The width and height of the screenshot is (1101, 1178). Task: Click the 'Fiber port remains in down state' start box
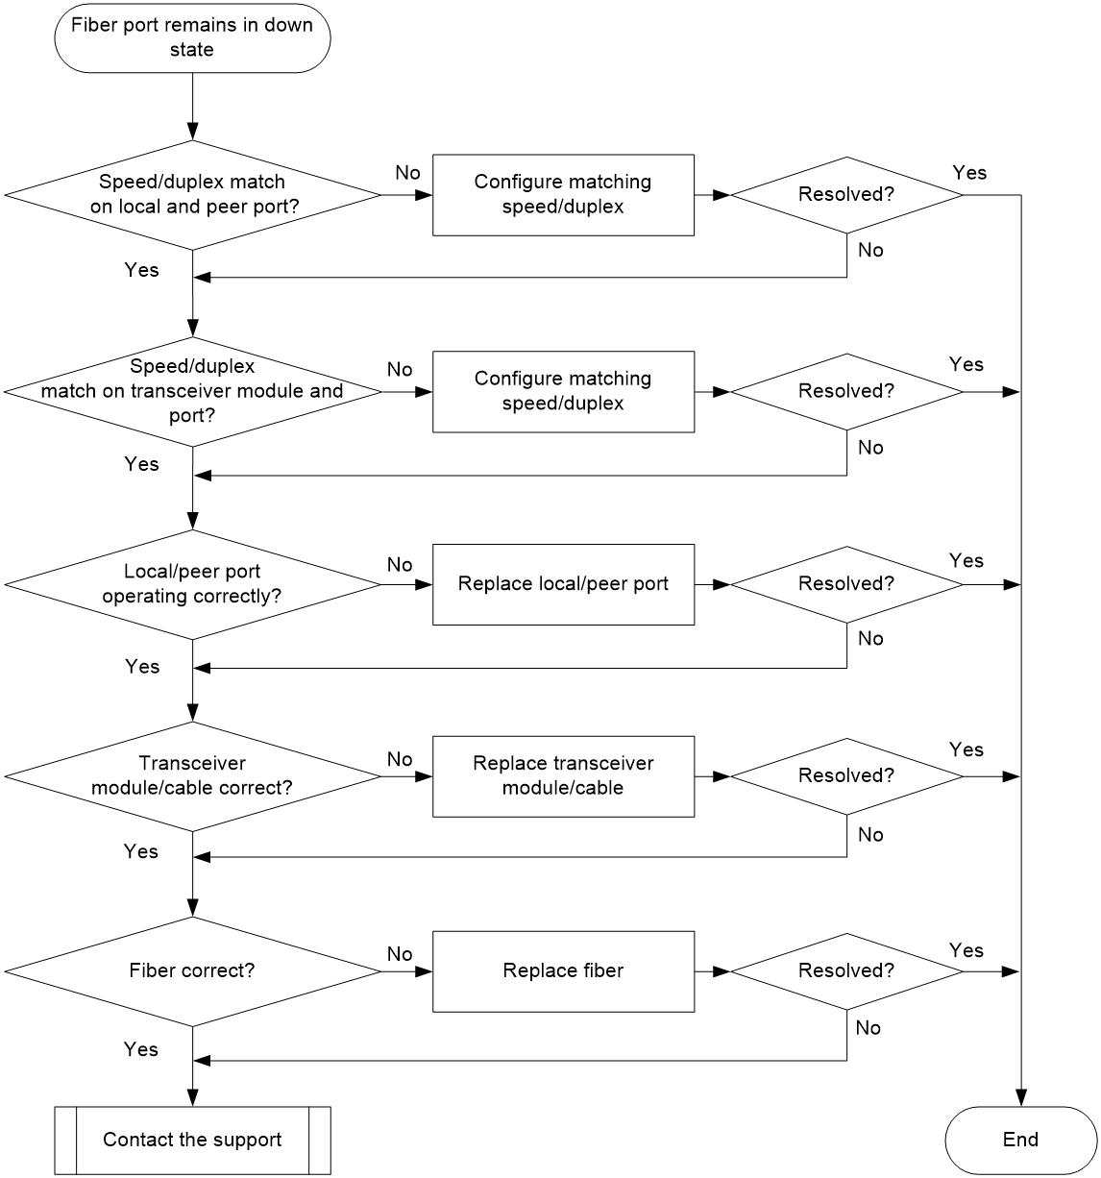(192, 38)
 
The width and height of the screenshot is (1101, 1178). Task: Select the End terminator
(1020, 1140)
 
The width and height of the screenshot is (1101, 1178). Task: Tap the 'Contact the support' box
(192, 1140)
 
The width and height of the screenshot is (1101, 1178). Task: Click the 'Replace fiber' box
(563, 971)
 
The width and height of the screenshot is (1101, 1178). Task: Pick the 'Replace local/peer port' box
(563, 584)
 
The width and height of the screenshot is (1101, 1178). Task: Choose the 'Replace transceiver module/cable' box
(563, 776)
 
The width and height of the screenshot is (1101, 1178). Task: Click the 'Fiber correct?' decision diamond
(192, 971)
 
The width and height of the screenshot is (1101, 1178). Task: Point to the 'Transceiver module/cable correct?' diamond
(192, 776)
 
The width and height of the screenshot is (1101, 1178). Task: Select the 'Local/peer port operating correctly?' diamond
(192, 584)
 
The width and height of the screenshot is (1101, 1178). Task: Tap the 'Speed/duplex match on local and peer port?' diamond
(192, 195)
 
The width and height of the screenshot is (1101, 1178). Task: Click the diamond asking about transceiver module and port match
(192, 391)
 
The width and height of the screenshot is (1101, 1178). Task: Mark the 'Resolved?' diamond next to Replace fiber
(846, 971)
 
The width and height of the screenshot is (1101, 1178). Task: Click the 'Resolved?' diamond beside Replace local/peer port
(846, 584)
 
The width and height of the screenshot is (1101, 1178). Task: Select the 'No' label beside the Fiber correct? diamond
(400, 954)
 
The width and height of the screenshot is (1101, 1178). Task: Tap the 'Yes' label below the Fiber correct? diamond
(141, 1049)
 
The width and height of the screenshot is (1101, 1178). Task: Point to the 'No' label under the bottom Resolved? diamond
(868, 1028)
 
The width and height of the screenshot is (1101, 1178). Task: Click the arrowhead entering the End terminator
(1021, 1098)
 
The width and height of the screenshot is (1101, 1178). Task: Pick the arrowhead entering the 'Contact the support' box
(193, 1098)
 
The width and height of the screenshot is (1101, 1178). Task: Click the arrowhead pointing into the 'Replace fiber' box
(424, 971)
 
